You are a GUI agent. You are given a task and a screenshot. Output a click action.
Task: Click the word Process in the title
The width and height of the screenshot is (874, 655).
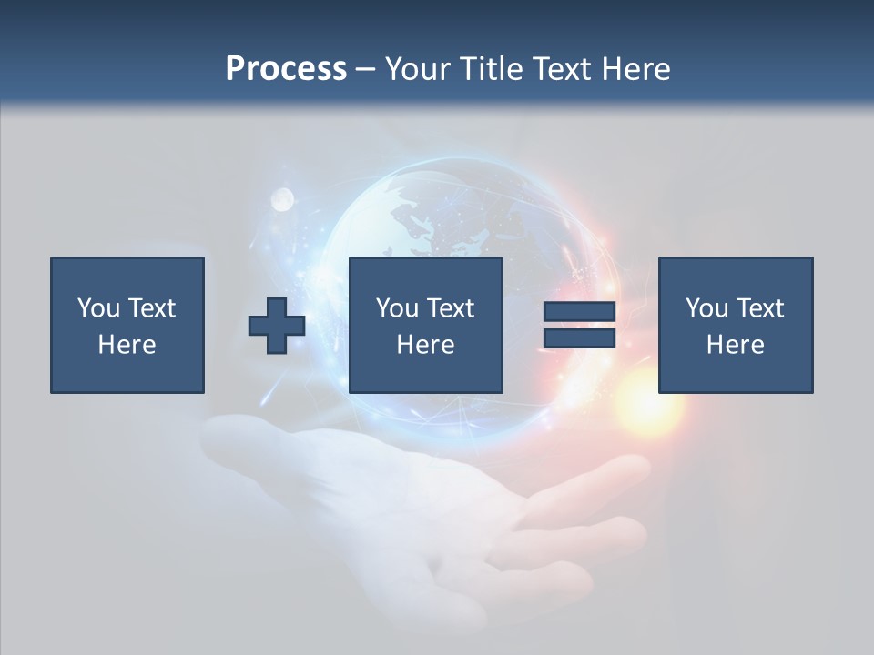pos(286,68)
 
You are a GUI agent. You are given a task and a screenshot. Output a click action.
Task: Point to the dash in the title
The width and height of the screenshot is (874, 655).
pos(366,69)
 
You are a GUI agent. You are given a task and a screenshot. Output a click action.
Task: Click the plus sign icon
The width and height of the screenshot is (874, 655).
pos(277,326)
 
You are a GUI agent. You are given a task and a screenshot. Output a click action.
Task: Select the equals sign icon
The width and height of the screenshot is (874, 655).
pos(579,325)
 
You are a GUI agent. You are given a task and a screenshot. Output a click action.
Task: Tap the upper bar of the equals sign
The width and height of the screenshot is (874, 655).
pos(579,312)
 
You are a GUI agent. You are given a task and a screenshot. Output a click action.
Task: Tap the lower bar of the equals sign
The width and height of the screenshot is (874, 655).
pos(579,338)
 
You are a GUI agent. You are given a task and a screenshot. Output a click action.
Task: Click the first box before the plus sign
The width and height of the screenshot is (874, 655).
pos(127,325)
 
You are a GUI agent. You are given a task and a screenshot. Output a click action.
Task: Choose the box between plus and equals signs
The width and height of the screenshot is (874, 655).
pos(425,325)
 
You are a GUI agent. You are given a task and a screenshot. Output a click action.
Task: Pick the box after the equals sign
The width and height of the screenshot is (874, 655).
pos(735,325)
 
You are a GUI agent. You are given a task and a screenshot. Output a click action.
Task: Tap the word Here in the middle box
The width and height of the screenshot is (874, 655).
pos(425,345)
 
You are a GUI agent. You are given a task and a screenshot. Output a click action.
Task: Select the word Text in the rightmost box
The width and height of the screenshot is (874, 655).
pos(759,308)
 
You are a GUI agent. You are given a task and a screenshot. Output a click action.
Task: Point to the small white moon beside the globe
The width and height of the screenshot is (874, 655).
pos(282,197)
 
